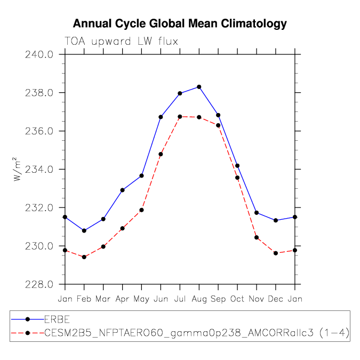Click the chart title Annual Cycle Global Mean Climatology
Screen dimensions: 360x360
point(180,23)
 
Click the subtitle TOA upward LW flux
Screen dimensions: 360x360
point(121,41)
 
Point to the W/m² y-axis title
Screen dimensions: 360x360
point(17,169)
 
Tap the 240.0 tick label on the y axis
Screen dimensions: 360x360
point(39,54)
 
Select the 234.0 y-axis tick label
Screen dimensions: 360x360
point(39,170)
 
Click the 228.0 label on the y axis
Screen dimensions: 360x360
point(39,284)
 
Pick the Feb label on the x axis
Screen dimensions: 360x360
point(84,299)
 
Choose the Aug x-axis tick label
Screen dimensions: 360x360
point(199,299)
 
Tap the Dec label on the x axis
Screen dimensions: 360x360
point(276,299)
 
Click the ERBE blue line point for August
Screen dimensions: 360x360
point(199,87)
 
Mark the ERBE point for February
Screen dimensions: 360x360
point(84,230)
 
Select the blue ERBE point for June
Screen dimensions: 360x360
point(161,117)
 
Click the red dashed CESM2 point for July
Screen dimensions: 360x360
point(180,117)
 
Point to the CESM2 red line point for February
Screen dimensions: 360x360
point(84,257)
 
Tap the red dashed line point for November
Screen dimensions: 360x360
point(257,237)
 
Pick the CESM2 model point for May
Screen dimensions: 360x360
point(141,210)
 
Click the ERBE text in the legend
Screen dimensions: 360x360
point(57,319)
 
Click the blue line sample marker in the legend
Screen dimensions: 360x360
point(28,319)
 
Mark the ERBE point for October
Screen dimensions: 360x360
point(237,166)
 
